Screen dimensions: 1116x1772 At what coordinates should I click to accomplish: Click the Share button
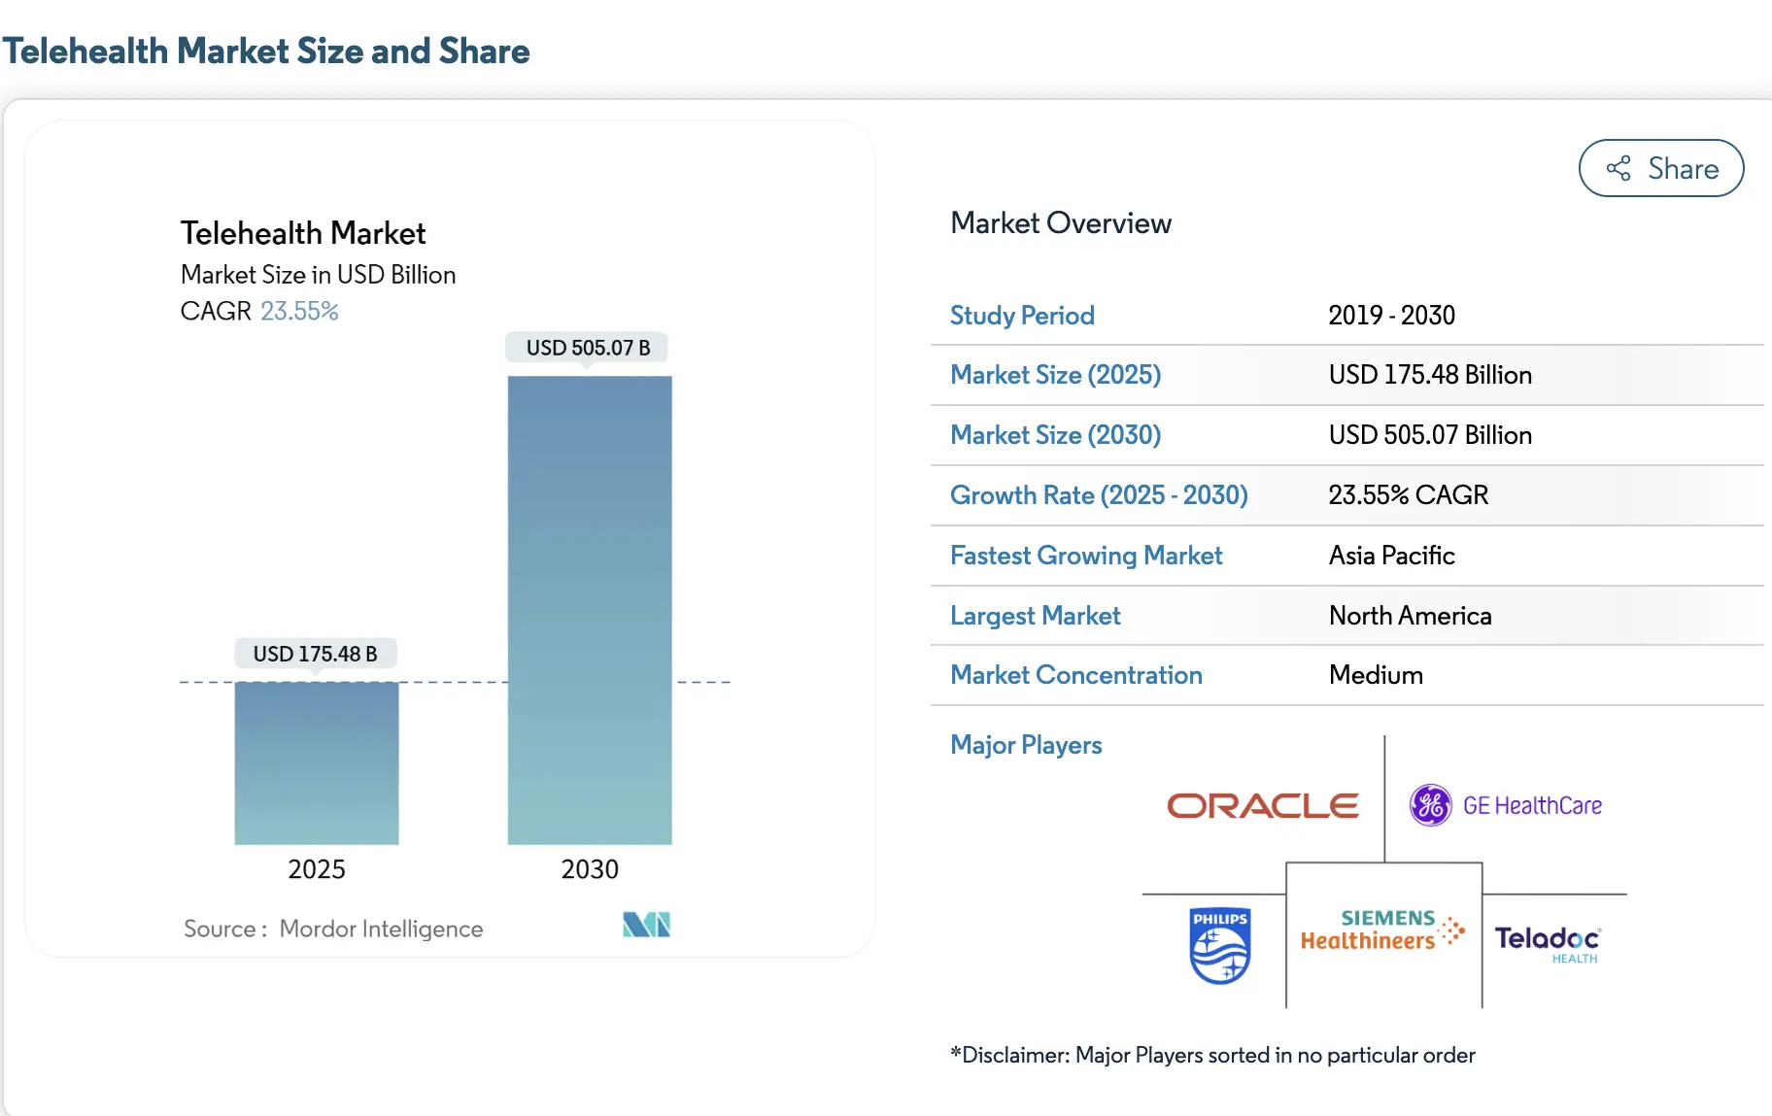point(1660,168)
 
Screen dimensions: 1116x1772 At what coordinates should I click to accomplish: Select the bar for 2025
point(317,762)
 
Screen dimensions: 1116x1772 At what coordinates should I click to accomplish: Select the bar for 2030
point(590,610)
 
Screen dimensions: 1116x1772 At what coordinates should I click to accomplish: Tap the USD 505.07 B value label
point(588,348)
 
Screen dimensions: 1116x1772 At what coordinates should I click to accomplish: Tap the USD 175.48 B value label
point(315,654)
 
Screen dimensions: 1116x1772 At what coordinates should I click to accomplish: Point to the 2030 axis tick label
point(590,868)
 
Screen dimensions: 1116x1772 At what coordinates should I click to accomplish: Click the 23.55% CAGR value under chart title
point(299,311)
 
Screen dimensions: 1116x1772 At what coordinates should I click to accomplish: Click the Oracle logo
point(1262,805)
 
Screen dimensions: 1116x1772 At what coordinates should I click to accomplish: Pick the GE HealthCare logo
point(1505,805)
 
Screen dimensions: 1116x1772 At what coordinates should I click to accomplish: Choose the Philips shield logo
point(1219,945)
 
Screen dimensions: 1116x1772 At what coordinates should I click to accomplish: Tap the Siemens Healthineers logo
point(1381,930)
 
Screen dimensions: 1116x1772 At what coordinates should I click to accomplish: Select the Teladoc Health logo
point(1547,941)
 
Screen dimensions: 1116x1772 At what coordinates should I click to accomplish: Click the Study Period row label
point(1022,316)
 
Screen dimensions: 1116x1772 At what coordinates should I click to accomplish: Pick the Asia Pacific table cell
point(1391,556)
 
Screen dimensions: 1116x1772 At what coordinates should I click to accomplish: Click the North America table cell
point(1410,616)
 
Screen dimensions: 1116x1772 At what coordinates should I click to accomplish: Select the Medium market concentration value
point(1376,675)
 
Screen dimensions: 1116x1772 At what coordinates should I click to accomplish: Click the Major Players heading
point(1026,745)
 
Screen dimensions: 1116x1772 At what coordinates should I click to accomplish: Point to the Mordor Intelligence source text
point(381,929)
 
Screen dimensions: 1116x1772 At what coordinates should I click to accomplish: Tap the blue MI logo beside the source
point(646,924)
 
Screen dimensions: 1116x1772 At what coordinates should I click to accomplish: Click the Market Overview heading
point(1061,223)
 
